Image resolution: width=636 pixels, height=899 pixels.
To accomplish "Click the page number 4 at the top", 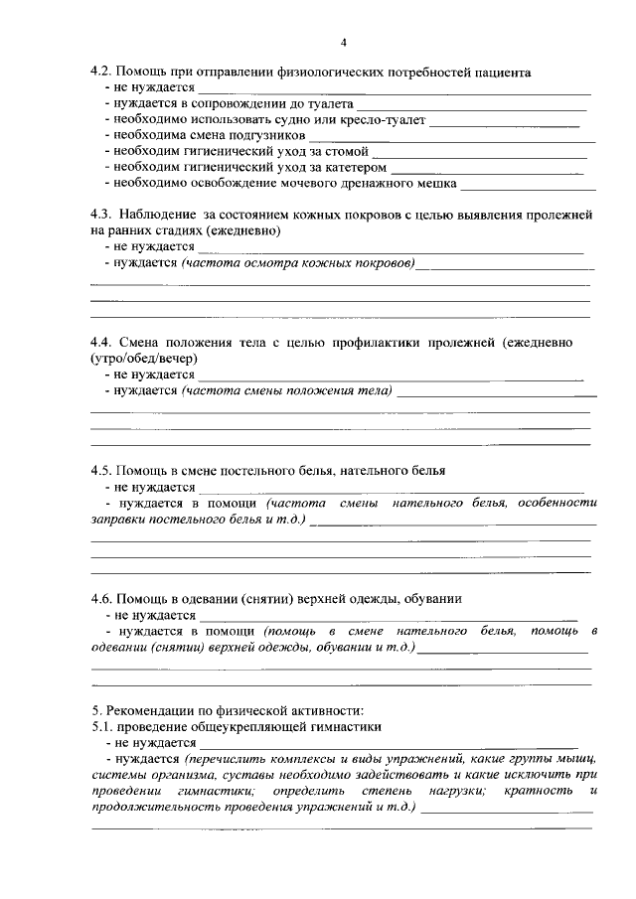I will pos(342,42).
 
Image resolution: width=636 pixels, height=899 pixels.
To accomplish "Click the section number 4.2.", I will pos(100,73).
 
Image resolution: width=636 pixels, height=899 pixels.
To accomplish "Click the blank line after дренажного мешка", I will pos(528,185).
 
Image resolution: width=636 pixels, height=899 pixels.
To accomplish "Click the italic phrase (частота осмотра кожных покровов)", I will pos(299,262).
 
